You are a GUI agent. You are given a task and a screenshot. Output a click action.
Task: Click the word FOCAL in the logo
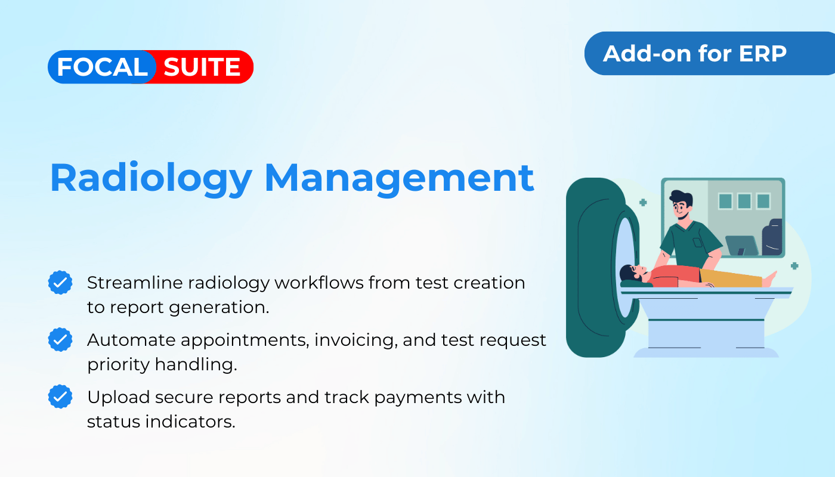102,67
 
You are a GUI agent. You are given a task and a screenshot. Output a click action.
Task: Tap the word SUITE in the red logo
202,67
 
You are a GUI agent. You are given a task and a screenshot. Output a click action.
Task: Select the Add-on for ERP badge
709,53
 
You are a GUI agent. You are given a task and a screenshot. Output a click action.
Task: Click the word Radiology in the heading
151,179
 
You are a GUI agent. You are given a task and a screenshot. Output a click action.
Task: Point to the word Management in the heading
399,179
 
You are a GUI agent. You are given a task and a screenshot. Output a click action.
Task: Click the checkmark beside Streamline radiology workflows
60,283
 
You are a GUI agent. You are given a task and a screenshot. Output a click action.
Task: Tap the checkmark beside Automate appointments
60,339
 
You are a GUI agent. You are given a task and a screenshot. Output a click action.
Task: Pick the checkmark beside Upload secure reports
60,397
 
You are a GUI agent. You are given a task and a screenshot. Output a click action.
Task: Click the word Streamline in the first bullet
135,283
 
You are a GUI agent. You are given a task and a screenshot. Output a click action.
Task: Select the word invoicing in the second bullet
356,340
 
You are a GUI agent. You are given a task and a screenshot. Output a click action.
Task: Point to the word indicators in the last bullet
190,422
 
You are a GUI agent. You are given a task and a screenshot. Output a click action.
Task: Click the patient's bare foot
770,279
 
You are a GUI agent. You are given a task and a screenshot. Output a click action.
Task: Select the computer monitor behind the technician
742,246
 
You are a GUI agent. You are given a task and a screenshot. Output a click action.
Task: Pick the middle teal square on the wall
744,202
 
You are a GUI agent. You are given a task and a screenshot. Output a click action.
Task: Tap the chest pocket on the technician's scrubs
697,243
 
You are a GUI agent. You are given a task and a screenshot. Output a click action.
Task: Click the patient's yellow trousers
730,278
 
